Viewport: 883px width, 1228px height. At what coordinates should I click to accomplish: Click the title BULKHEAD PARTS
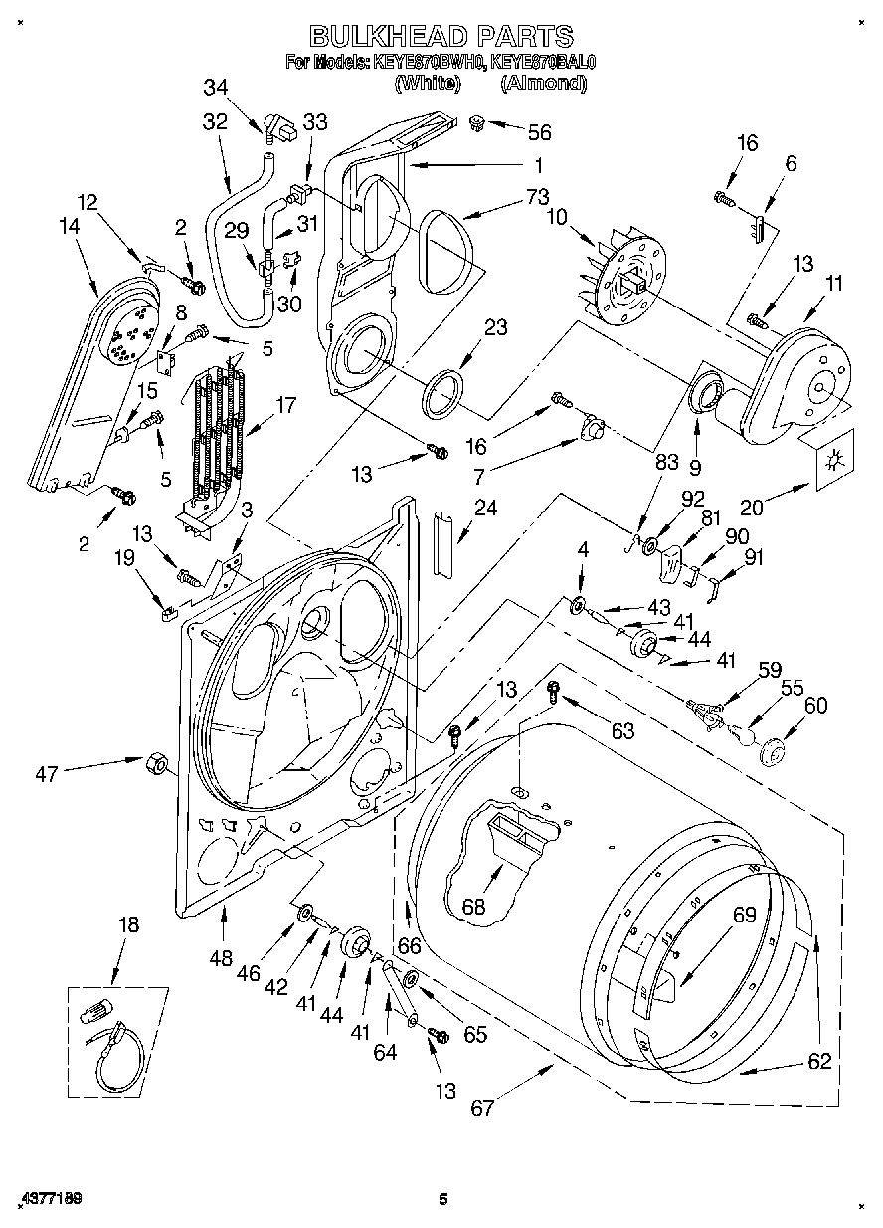(441, 37)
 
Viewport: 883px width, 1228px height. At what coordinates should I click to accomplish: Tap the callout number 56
(540, 132)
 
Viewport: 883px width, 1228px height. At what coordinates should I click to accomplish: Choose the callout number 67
(482, 1107)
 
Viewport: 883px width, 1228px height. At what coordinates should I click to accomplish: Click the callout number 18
(129, 923)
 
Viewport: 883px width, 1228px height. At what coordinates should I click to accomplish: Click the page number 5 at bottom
(444, 1199)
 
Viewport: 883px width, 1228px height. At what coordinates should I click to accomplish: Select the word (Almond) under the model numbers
(543, 84)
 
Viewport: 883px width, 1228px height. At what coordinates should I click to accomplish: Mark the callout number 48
(222, 959)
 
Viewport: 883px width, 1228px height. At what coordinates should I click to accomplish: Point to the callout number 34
(216, 87)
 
